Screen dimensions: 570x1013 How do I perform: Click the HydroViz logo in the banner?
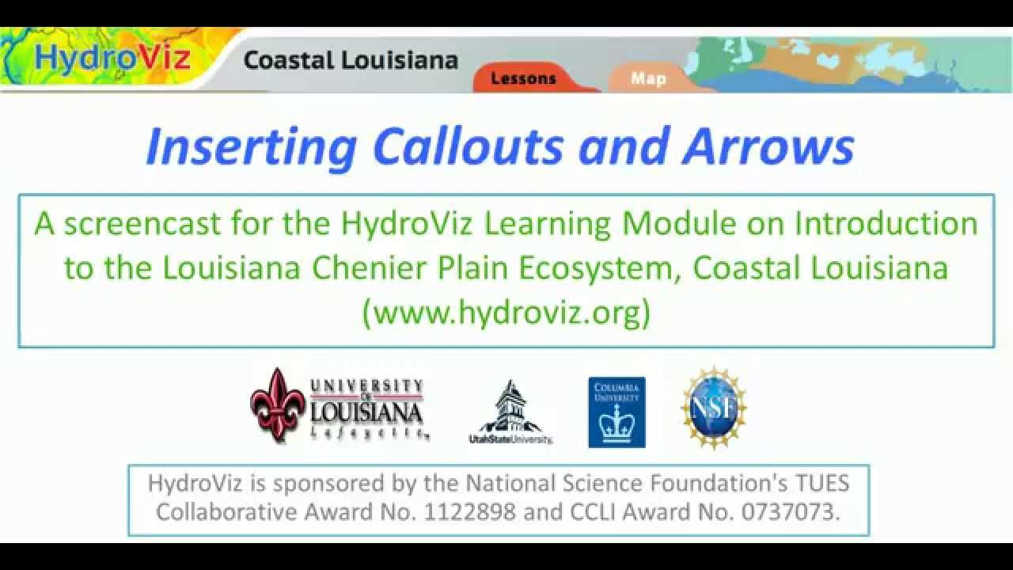point(112,59)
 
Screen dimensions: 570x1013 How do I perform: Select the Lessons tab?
point(523,78)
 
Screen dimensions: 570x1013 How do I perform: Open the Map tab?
point(648,78)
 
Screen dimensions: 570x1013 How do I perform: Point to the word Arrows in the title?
point(768,147)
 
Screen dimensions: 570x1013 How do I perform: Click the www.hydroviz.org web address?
point(506,313)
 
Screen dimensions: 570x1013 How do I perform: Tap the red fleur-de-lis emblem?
point(277,405)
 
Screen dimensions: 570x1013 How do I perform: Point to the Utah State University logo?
point(510,412)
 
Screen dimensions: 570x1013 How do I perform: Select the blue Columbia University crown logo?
point(617,412)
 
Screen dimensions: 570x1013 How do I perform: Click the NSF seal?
point(713,408)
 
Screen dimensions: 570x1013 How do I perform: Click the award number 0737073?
point(788,511)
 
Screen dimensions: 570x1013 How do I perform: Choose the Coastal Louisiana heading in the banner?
point(351,60)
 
